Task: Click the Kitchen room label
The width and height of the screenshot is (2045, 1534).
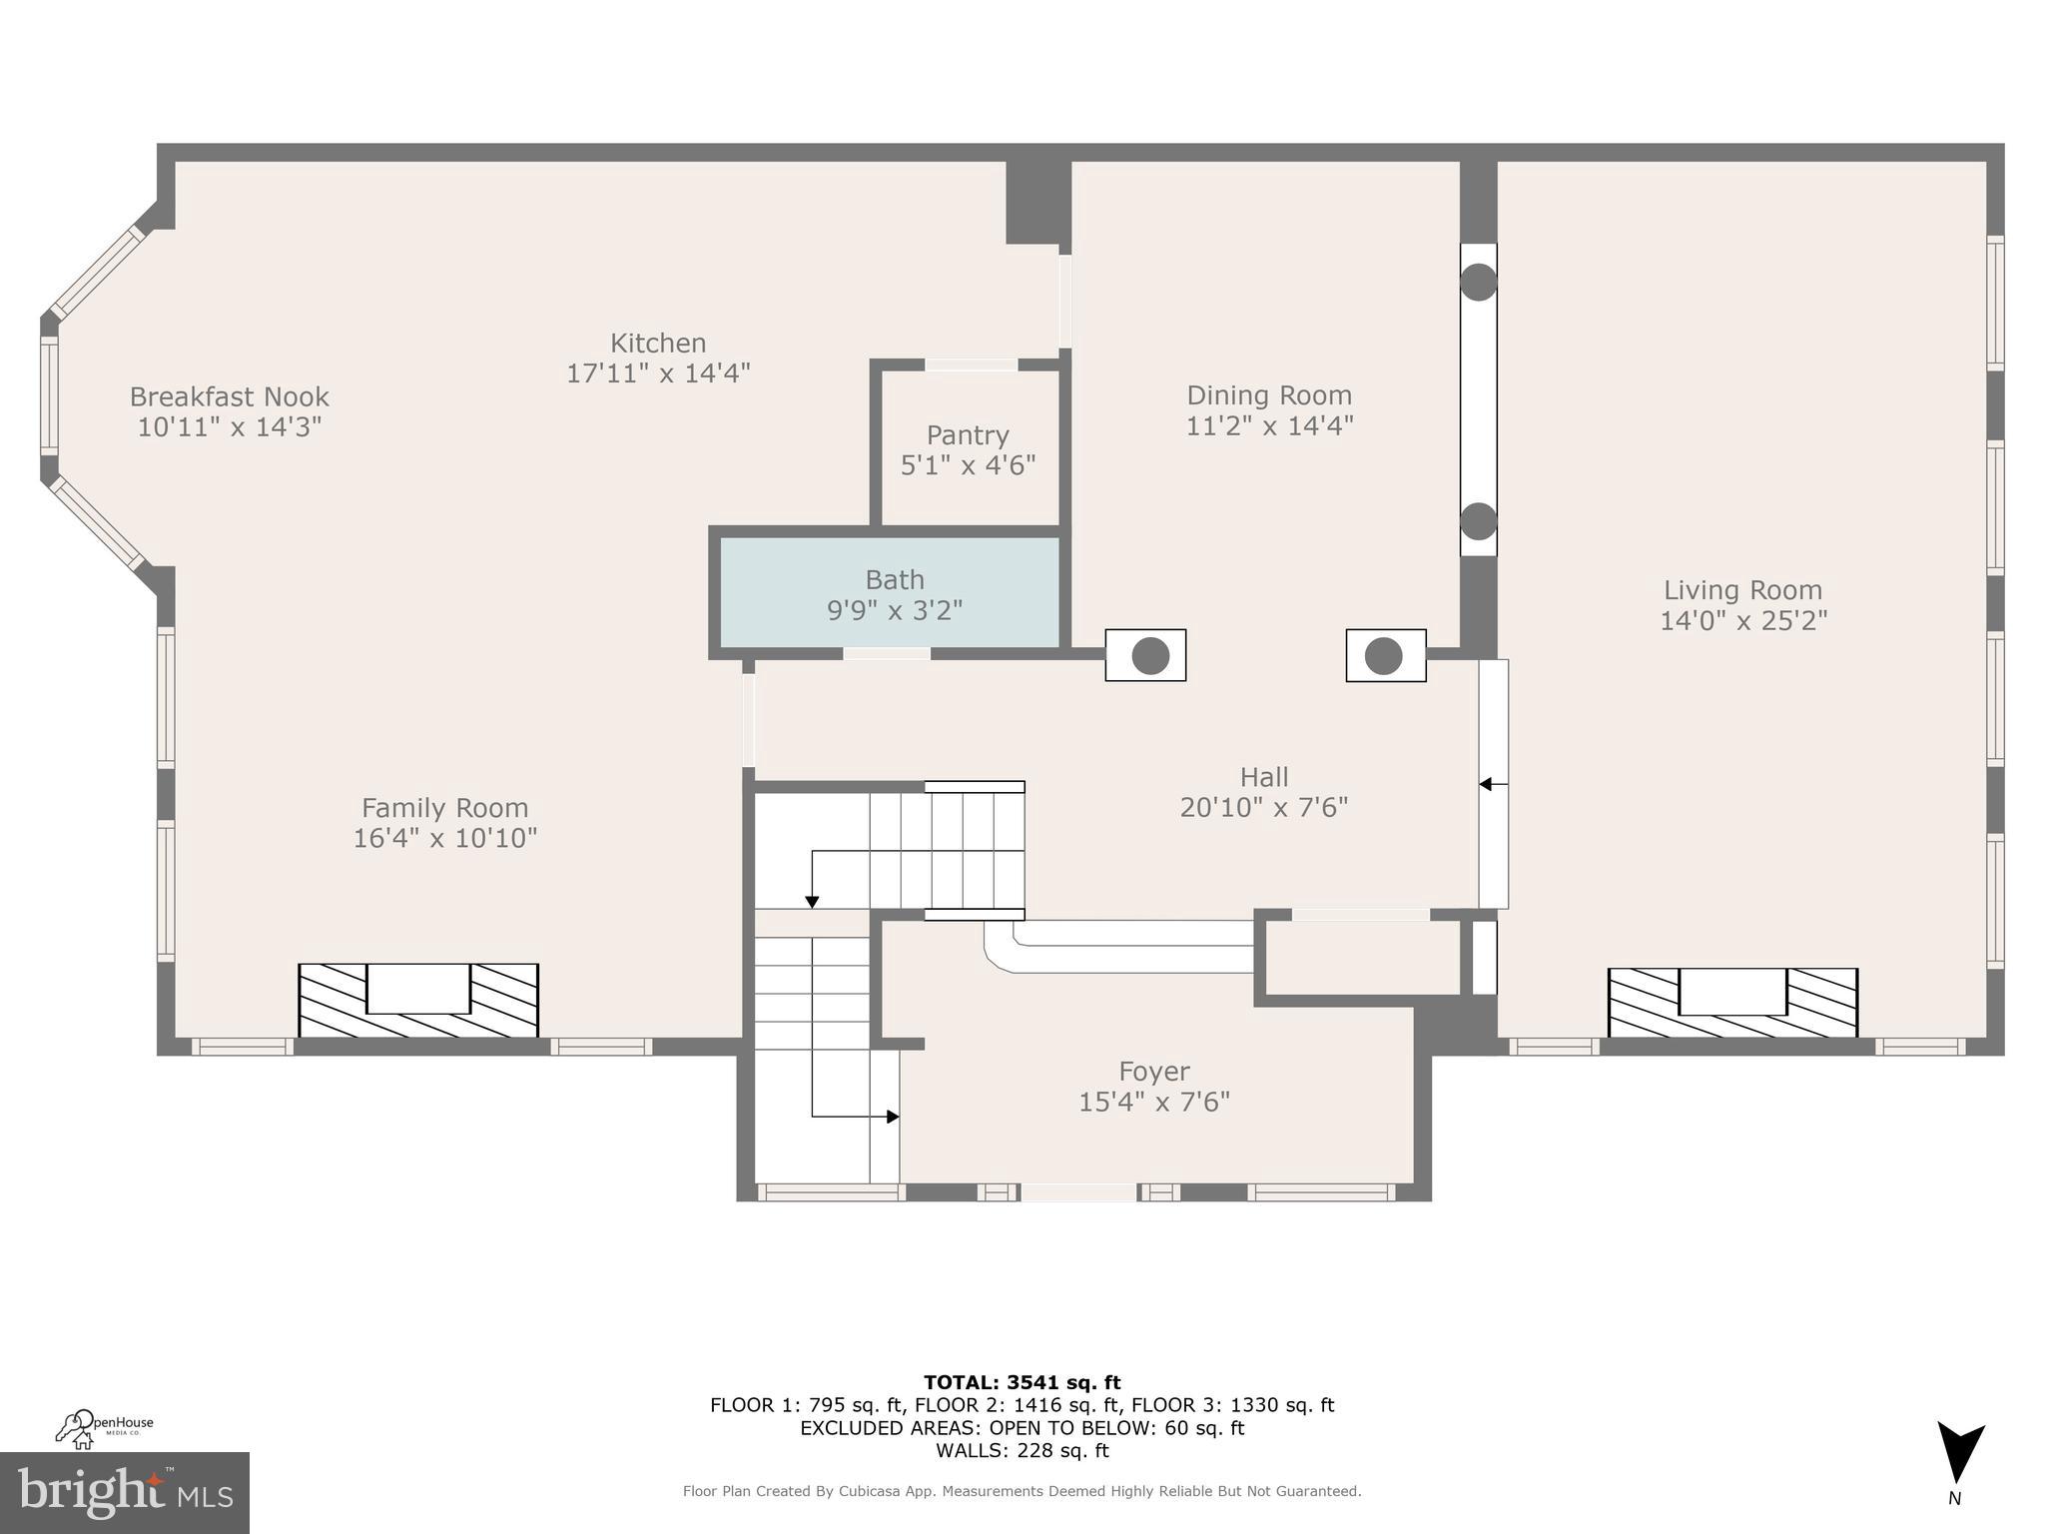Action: coord(658,344)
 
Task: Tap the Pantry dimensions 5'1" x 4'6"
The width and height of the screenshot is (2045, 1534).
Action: coord(968,465)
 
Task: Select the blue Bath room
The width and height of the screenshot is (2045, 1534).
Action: coord(890,593)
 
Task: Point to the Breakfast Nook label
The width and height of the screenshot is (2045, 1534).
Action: coord(229,396)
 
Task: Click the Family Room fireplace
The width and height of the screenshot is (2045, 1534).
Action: coord(418,1000)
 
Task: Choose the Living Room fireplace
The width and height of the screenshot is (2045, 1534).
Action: coord(1732,1002)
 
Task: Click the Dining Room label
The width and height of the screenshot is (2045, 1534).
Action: coord(1268,395)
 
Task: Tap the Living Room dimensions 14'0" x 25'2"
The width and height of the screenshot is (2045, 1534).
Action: coord(1742,621)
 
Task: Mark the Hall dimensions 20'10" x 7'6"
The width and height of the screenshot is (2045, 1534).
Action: coord(1263,807)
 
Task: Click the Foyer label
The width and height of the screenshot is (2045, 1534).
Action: coord(1153,1072)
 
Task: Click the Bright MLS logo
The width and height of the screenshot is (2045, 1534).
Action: coord(124,1492)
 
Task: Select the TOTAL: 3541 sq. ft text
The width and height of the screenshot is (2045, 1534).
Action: coord(1022,1382)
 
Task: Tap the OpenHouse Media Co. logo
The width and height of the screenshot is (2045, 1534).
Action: coord(104,1427)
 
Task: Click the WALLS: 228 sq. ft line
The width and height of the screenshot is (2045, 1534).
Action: coord(1022,1450)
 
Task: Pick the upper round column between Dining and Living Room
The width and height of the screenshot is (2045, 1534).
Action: coord(1478,282)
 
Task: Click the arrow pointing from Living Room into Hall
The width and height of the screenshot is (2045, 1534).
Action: coord(1487,784)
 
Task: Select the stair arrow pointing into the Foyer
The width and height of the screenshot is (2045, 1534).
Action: coord(892,1117)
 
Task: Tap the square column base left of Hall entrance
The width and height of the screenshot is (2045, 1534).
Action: coord(1145,656)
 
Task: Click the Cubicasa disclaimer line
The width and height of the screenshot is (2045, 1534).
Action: coord(1022,1491)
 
